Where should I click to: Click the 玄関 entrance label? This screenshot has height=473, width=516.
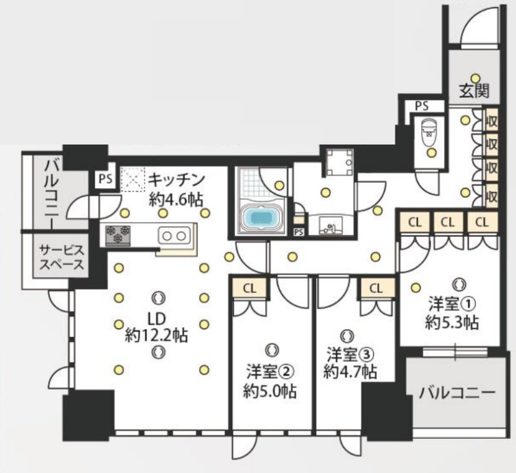point(474,91)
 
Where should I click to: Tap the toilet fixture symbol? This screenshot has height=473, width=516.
point(428,134)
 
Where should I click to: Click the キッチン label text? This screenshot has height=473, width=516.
point(176,179)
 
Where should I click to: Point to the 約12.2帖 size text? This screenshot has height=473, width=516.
point(157,335)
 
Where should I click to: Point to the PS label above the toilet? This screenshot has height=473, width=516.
point(421,106)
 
